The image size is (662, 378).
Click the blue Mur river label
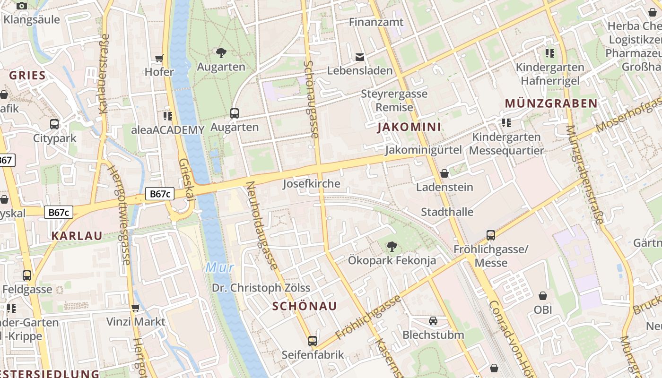pos(220,268)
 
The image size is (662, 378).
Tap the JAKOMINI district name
pos(409,127)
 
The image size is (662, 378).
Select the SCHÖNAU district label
pos(305,306)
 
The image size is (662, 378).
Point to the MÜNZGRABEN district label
pos(551,103)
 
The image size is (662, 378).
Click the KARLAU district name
pos(77,236)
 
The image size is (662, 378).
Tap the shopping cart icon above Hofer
pos(159,59)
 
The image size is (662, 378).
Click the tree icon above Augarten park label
pos(221,53)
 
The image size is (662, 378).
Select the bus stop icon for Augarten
pos(235,113)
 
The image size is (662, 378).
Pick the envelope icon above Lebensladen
pos(360,57)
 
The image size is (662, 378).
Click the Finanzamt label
pos(376,22)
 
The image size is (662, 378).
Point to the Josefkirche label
pos(311,184)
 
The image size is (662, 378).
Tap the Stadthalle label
pos(447,212)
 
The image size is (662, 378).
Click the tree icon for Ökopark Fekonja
pos(392,246)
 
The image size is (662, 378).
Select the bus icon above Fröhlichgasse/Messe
pos(491,235)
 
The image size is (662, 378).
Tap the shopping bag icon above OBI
pos(543,296)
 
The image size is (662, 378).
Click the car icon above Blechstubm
pos(433,321)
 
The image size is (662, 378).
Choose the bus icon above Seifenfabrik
pos(313,341)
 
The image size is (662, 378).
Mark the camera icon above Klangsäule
pos(22,6)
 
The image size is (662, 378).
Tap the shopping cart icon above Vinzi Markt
pos(136,308)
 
